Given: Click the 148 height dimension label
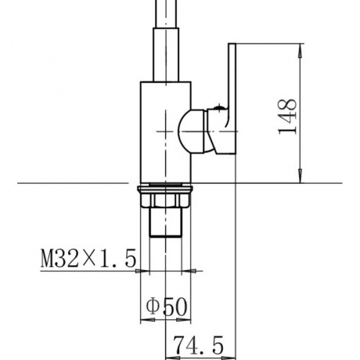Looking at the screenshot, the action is click(287, 117).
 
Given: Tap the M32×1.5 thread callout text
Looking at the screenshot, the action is click(88, 258).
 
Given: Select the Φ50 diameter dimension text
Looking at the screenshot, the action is click(167, 306).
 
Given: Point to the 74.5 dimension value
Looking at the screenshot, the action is click(198, 345).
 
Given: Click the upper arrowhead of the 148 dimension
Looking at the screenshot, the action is click(301, 50).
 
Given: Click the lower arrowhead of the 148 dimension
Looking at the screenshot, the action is click(301, 176).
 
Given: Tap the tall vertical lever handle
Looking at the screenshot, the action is click(232, 99).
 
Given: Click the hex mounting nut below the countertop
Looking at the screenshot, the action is click(165, 200).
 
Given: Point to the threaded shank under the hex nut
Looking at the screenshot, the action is click(165, 222).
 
